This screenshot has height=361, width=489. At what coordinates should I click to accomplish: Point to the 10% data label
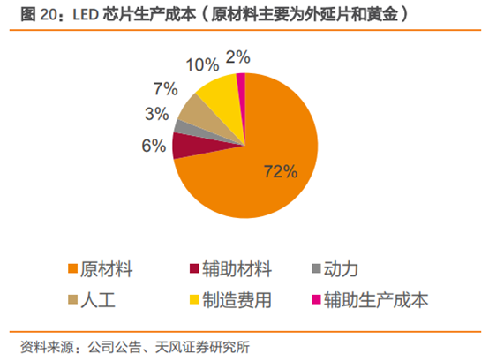tap(201, 64)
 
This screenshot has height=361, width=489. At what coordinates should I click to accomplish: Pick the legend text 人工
tap(102, 300)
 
